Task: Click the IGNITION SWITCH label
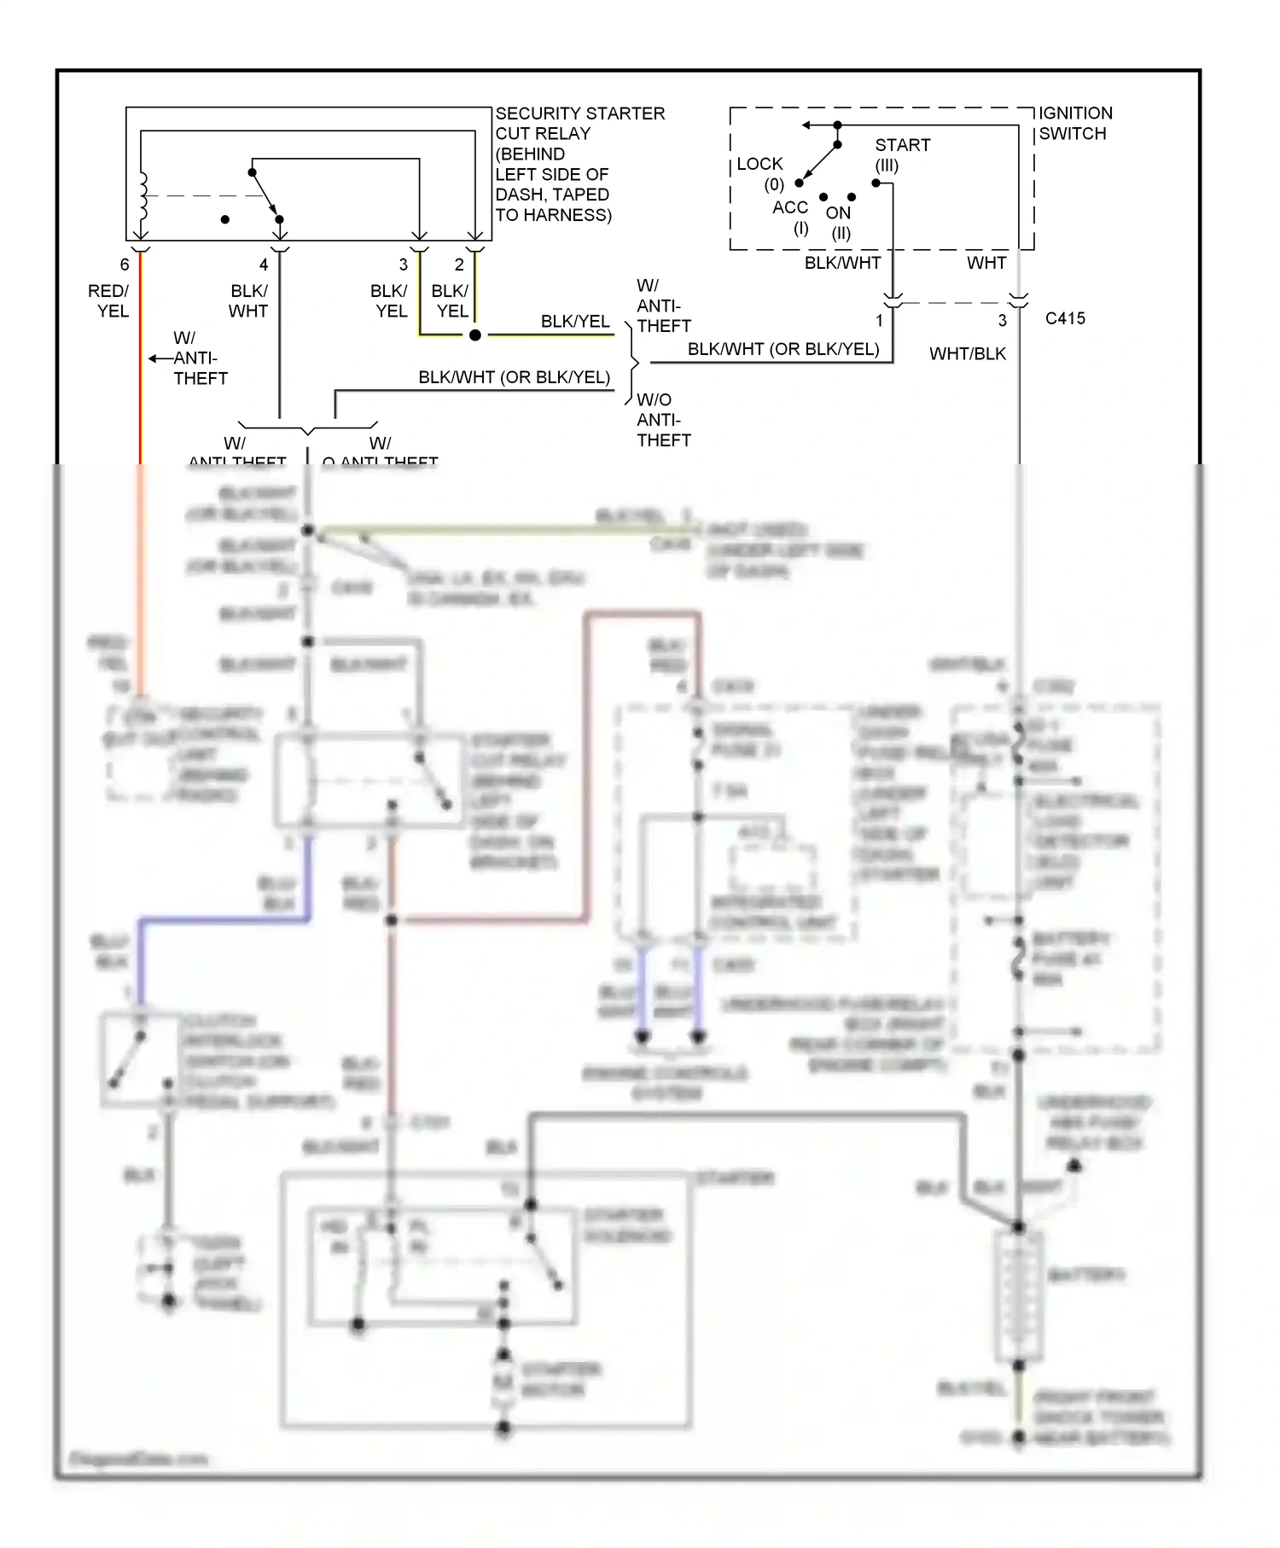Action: point(1075,123)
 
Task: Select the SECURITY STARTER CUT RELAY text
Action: point(579,123)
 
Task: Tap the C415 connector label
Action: point(1065,318)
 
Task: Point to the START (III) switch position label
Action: point(901,154)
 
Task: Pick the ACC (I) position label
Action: point(790,217)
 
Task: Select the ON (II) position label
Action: point(839,222)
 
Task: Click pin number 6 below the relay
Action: point(125,265)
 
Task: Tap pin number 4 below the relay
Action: point(264,265)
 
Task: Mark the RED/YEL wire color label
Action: point(108,301)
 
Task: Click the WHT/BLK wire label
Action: point(967,353)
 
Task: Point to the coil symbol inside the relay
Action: point(143,195)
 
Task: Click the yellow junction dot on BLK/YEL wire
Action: point(475,335)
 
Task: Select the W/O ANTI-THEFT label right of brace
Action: point(663,420)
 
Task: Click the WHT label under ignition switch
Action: point(986,263)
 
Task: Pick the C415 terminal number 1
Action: point(879,321)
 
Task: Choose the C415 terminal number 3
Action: point(1002,321)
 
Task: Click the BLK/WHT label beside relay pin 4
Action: point(248,301)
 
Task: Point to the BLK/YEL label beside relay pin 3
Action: point(389,301)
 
